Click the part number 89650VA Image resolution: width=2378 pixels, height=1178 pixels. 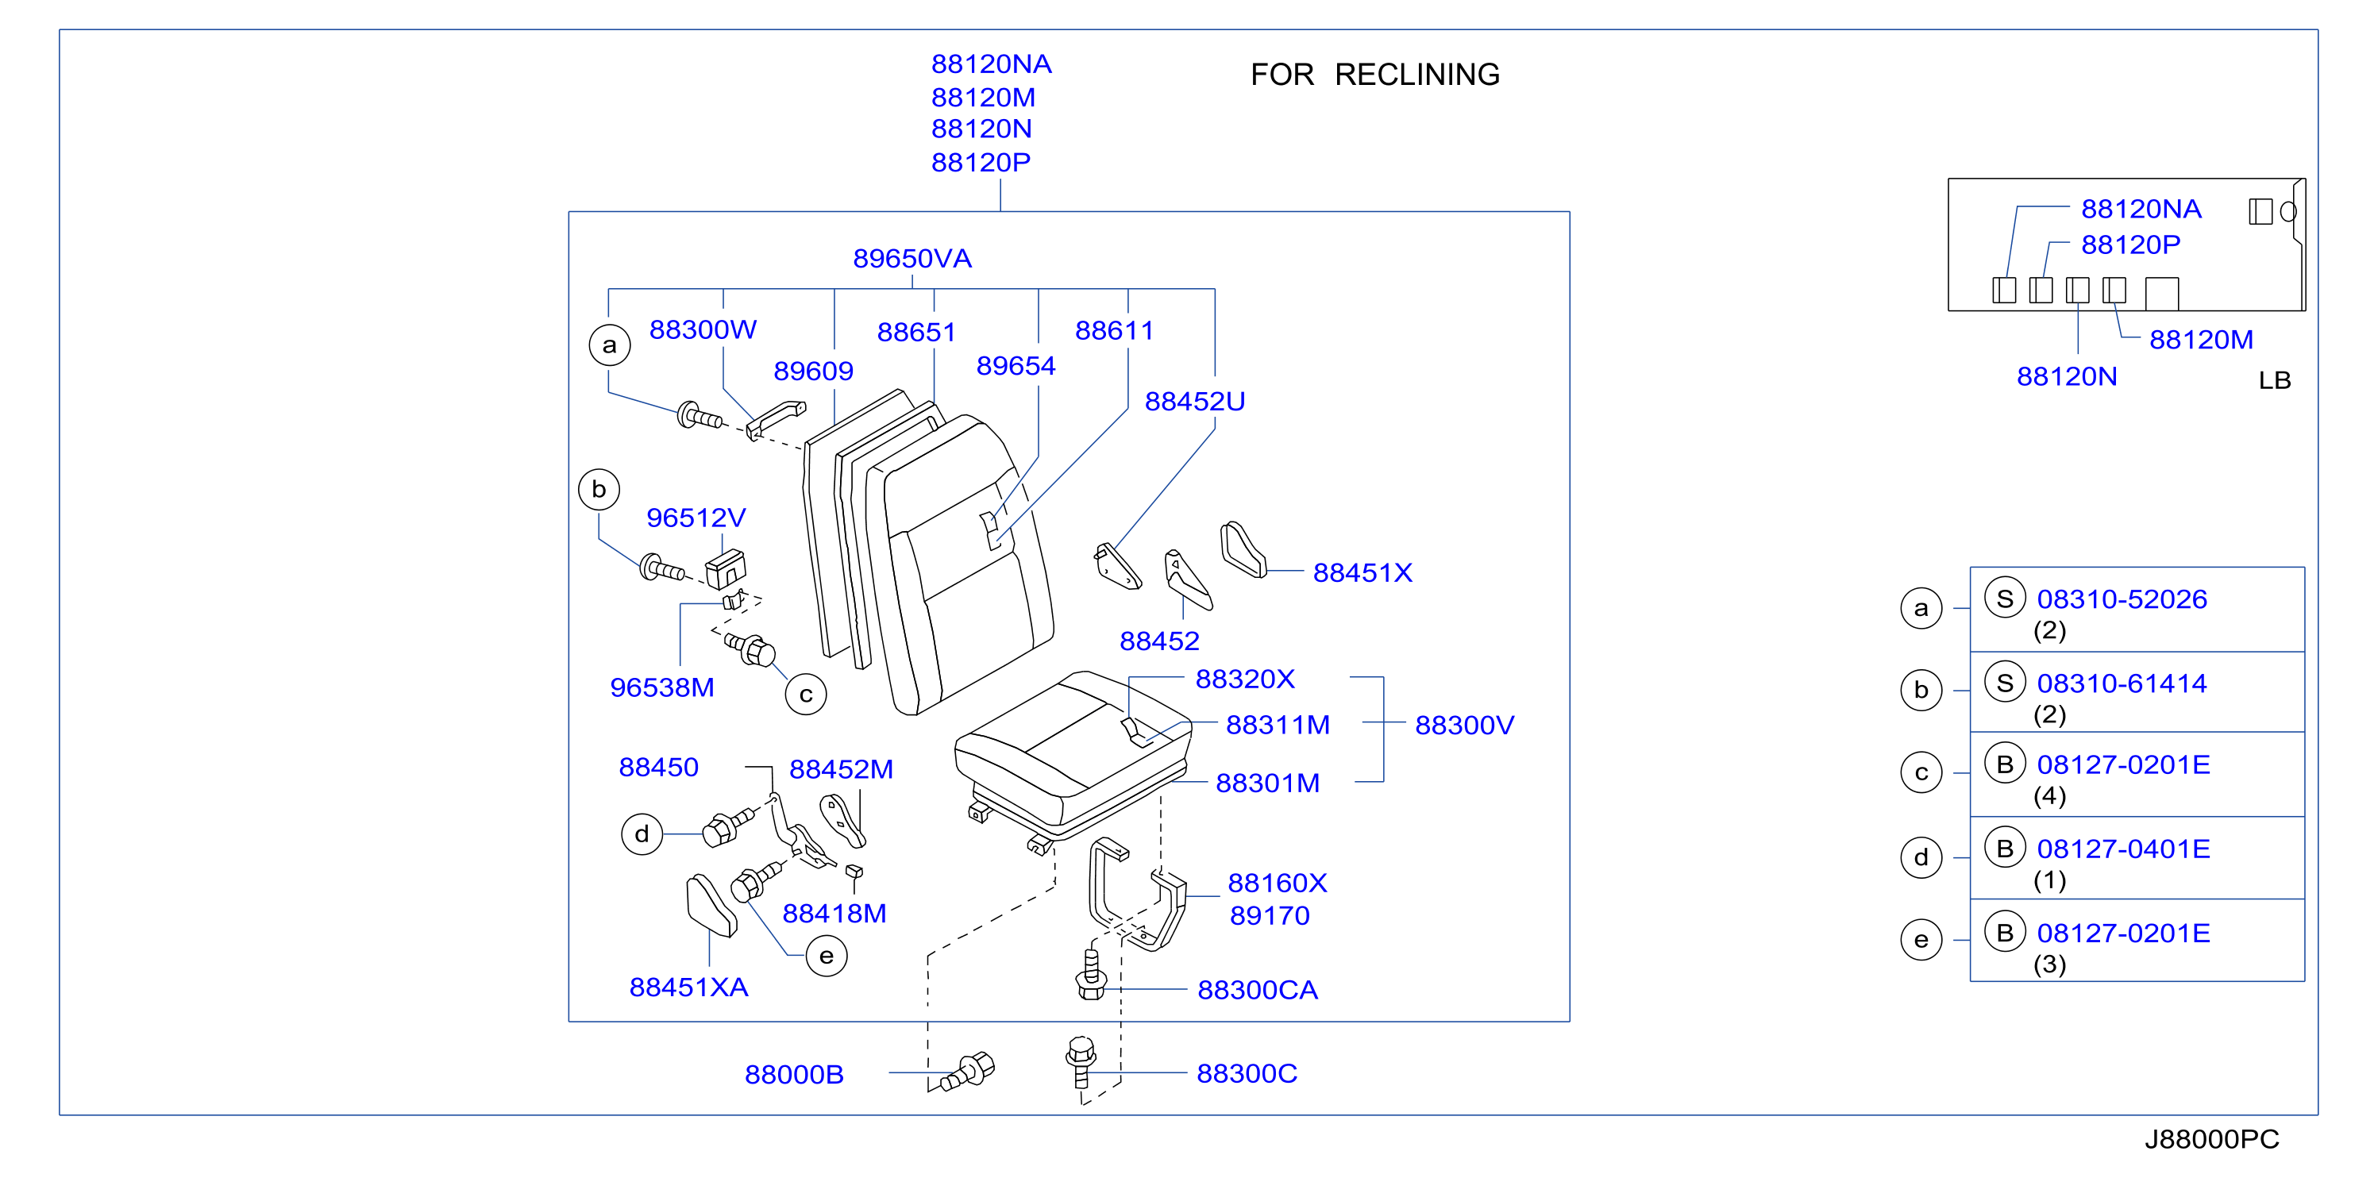pyautogui.click(x=912, y=259)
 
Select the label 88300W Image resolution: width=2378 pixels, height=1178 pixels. pyautogui.click(x=703, y=329)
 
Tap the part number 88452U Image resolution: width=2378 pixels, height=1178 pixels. pyautogui.click(x=1194, y=402)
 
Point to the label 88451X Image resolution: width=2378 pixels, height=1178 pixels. pyautogui.click(x=1362, y=573)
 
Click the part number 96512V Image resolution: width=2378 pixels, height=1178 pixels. pyautogui.click(x=696, y=518)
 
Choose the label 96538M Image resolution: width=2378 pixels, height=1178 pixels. pyautogui.click(x=662, y=687)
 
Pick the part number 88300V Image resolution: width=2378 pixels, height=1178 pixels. pyautogui.click(x=1464, y=726)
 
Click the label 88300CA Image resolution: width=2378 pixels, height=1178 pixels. pyautogui.click(x=1258, y=991)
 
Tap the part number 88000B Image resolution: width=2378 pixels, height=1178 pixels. pyautogui.click(x=794, y=1075)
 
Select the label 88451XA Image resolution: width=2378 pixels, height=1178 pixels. pyautogui.click(x=688, y=987)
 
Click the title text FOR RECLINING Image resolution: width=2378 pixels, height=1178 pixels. pyautogui.click(x=1374, y=75)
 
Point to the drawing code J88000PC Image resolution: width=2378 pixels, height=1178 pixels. pyautogui.click(x=2212, y=1139)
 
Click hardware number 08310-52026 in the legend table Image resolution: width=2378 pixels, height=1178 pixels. pyautogui.click(x=2122, y=599)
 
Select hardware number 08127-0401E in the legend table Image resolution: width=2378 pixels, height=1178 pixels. pyautogui.click(x=2123, y=849)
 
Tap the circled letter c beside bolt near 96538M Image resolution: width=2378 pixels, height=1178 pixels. pyautogui.click(x=806, y=695)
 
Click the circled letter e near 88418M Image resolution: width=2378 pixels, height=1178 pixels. pyautogui.click(x=827, y=956)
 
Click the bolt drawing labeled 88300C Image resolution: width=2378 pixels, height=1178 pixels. pyautogui.click(x=1081, y=1063)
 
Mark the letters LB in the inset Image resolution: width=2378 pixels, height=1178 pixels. pyautogui.click(x=2275, y=380)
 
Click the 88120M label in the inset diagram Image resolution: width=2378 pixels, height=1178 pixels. pyautogui.click(x=2201, y=340)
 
